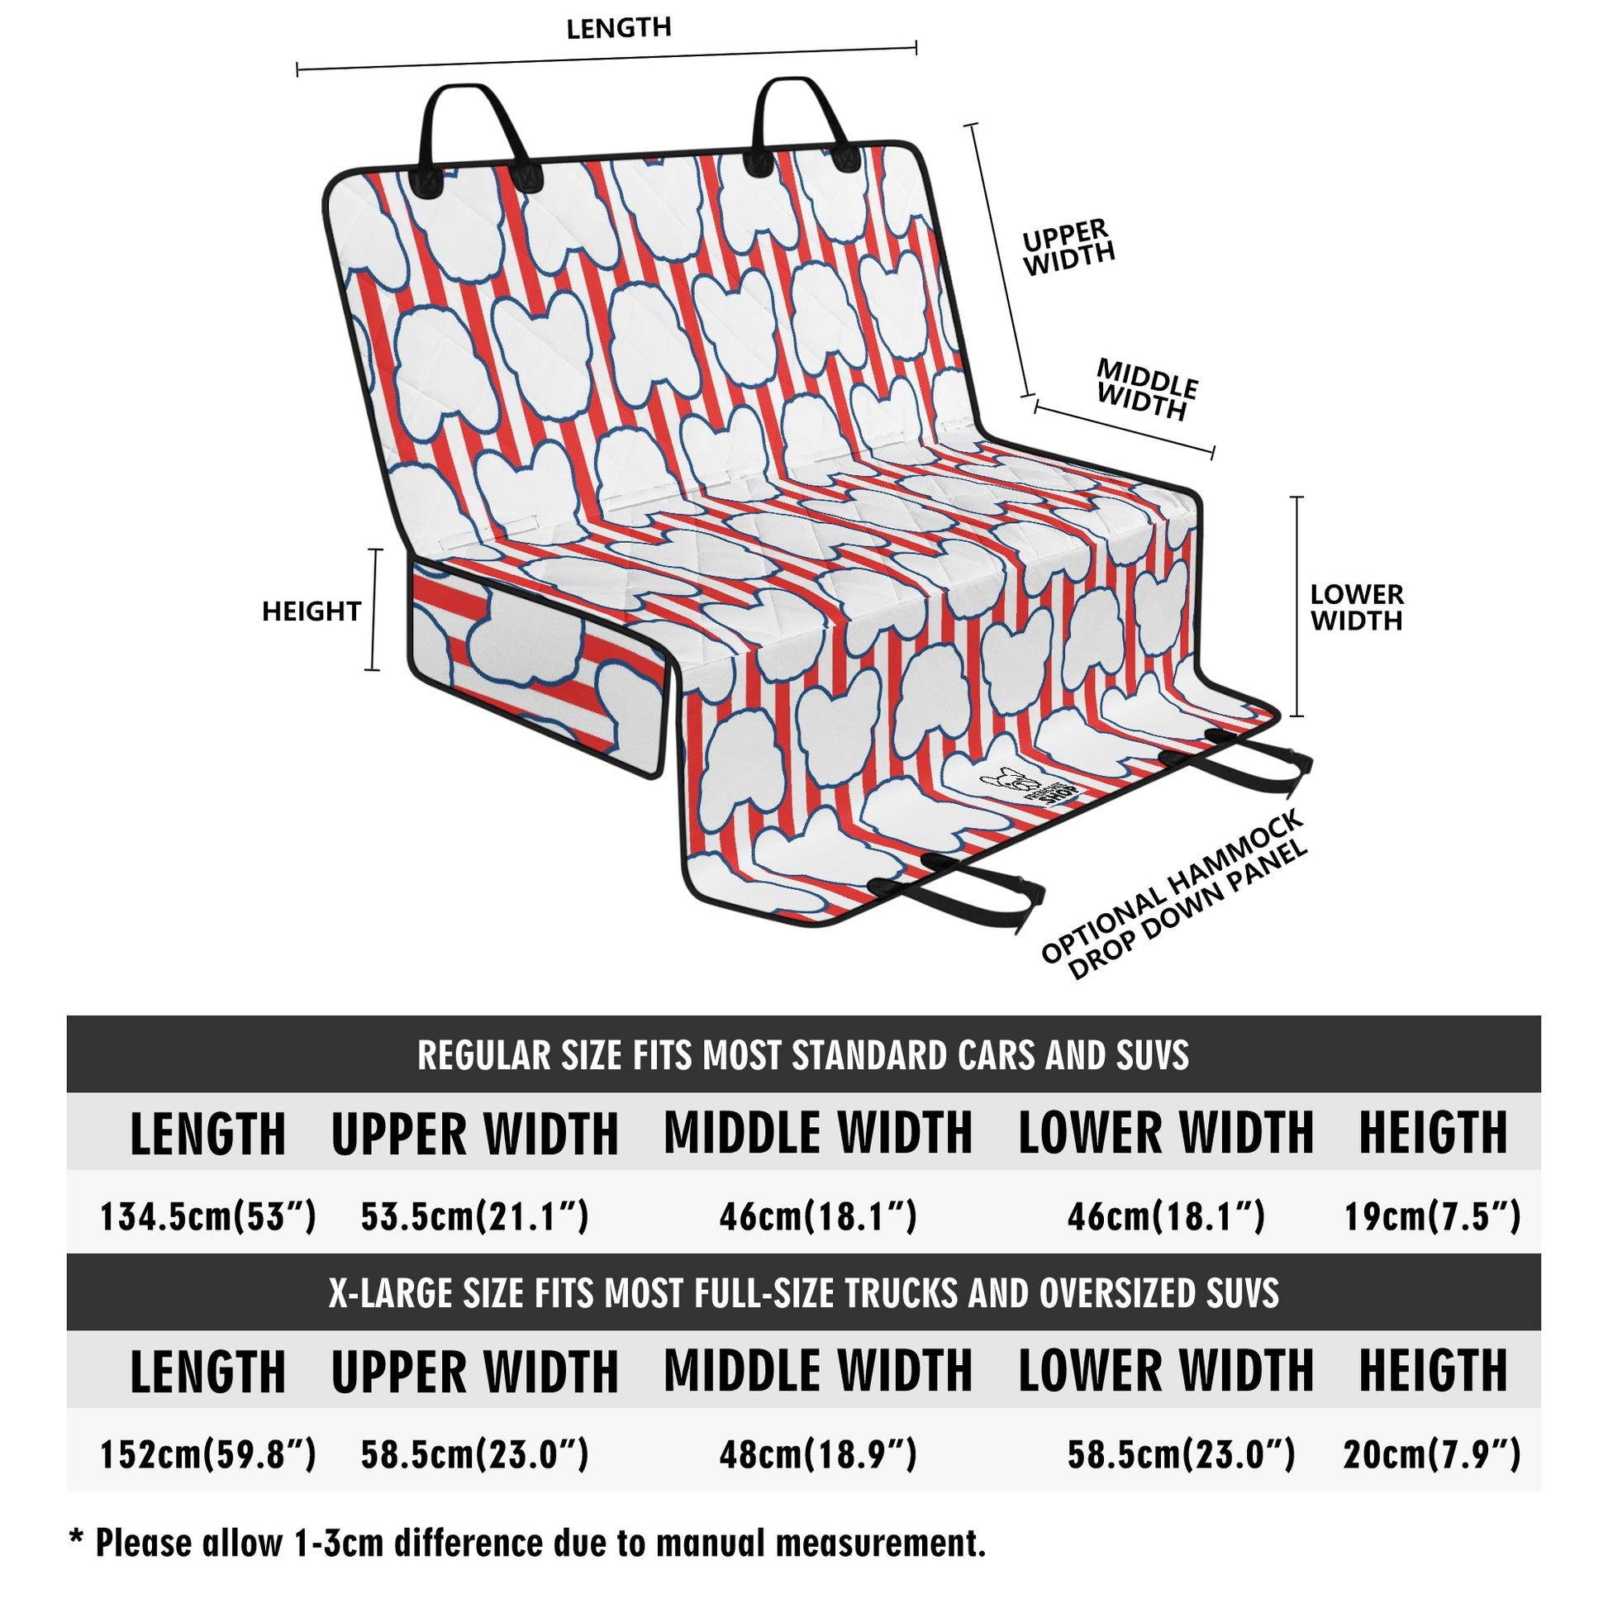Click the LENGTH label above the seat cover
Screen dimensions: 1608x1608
(x=618, y=28)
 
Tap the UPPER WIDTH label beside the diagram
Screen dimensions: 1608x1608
(x=1068, y=247)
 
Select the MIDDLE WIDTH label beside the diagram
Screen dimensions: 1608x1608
(x=1146, y=389)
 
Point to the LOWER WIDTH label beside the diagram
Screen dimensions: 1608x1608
(x=1356, y=607)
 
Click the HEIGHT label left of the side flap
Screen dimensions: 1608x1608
(x=312, y=611)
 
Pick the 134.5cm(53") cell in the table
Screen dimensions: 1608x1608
(x=208, y=1217)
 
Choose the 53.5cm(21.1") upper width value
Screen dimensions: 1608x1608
(x=474, y=1217)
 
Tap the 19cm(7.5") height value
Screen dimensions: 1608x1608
(x=1432, y=1217)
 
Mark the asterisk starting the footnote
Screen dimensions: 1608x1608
(x=77, y=1535)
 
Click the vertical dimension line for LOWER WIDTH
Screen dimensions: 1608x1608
(x=1296, y=607)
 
